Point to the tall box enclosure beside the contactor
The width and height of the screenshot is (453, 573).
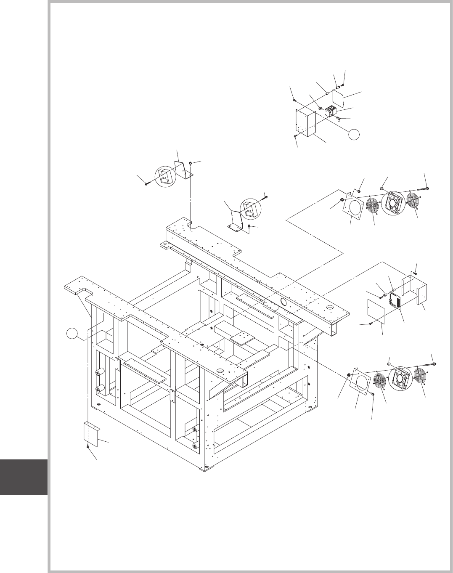point(306,122)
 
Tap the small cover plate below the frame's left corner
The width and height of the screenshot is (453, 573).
point(91,435)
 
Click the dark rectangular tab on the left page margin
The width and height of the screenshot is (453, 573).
point(24,477)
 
